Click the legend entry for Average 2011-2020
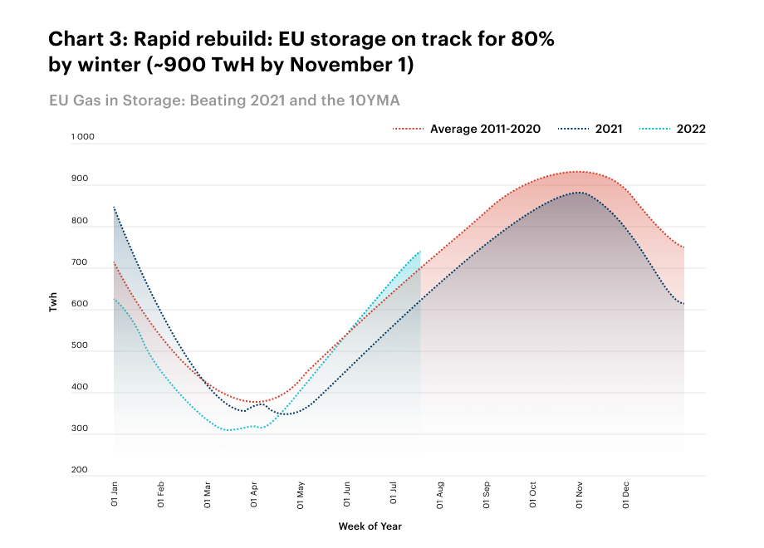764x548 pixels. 467,129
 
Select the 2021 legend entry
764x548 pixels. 590,129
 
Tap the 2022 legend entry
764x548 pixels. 673,129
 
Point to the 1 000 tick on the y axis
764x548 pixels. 82,136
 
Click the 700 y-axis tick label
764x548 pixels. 80,262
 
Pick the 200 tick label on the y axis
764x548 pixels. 80,470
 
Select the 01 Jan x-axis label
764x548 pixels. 114,494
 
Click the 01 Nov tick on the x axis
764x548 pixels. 579,495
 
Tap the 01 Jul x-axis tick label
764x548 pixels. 393,493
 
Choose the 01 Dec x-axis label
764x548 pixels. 625,495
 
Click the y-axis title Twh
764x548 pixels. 52,302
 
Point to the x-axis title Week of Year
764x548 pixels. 370,526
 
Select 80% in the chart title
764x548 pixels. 532,39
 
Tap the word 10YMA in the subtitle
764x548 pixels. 374,100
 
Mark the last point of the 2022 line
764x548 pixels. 420,252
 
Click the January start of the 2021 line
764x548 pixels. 114,207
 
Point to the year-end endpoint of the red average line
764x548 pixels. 683,247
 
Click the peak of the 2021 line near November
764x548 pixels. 578,193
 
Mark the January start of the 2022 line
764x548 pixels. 114,299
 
